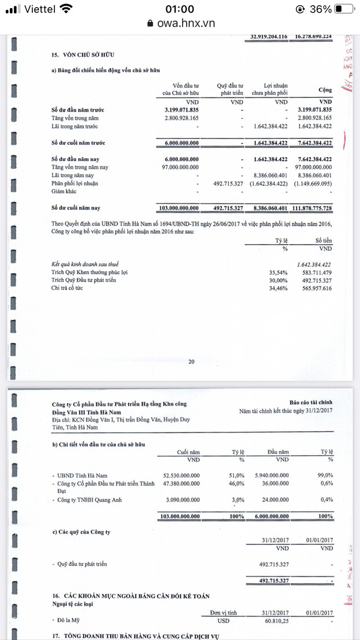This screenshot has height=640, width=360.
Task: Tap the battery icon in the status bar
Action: click(344, 9)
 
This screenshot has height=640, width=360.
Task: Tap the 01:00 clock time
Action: click(180, 9)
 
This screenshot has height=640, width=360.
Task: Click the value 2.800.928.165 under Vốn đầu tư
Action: click(179, 118)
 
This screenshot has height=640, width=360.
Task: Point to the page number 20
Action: click(191, 362)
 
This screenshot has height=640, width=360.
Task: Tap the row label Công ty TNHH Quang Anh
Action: click(89, 500)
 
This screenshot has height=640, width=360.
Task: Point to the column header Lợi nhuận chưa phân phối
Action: click(270, 89)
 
